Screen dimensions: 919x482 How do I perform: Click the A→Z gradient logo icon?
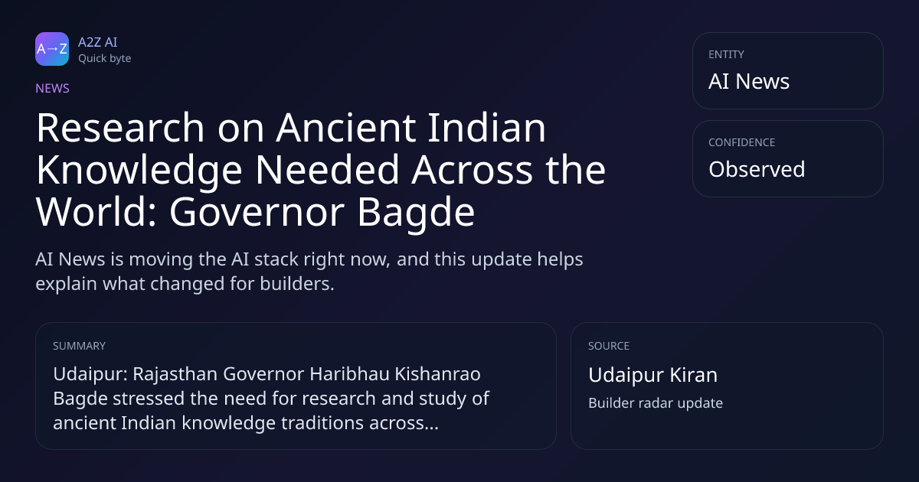coord(52,49)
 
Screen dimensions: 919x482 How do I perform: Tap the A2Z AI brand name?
coord(98,42)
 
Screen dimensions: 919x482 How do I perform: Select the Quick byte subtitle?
coord(105,59)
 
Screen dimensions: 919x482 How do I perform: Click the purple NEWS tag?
coord(53,89)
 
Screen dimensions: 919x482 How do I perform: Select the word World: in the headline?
coord(96,212)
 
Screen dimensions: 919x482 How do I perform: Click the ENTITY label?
coord(726,54)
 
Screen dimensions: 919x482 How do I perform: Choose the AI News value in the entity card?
coord(749,81)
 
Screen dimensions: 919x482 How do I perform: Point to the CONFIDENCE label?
coord(742,142)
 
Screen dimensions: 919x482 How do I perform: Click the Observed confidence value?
coord(757,169)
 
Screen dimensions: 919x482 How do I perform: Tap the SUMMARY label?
coord(79,346)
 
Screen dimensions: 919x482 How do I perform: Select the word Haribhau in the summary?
coord(349,374)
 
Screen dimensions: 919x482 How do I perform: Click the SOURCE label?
coord(609,346)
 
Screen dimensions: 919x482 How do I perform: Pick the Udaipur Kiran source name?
coord(652,375)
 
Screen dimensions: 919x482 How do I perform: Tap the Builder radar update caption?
coord(656,403)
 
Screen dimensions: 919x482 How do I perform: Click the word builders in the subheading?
coord(297,284)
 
